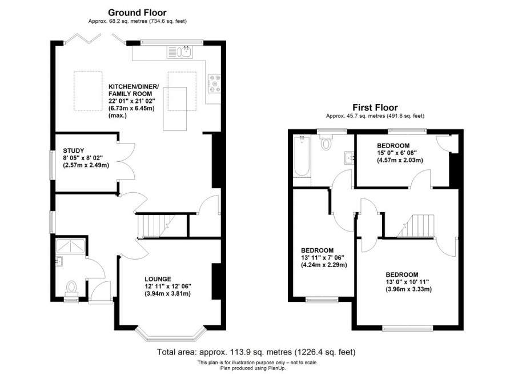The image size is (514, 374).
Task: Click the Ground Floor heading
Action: (138, 11)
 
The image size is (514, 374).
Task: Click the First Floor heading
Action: (375, 107)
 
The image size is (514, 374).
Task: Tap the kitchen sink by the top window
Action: (181, 53)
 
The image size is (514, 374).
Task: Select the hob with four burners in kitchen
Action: (216, 84)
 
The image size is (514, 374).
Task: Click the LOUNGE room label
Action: (158, 278)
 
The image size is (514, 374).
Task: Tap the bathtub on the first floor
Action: (302, 157)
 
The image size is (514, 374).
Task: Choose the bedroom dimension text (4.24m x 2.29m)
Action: (324, 265)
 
